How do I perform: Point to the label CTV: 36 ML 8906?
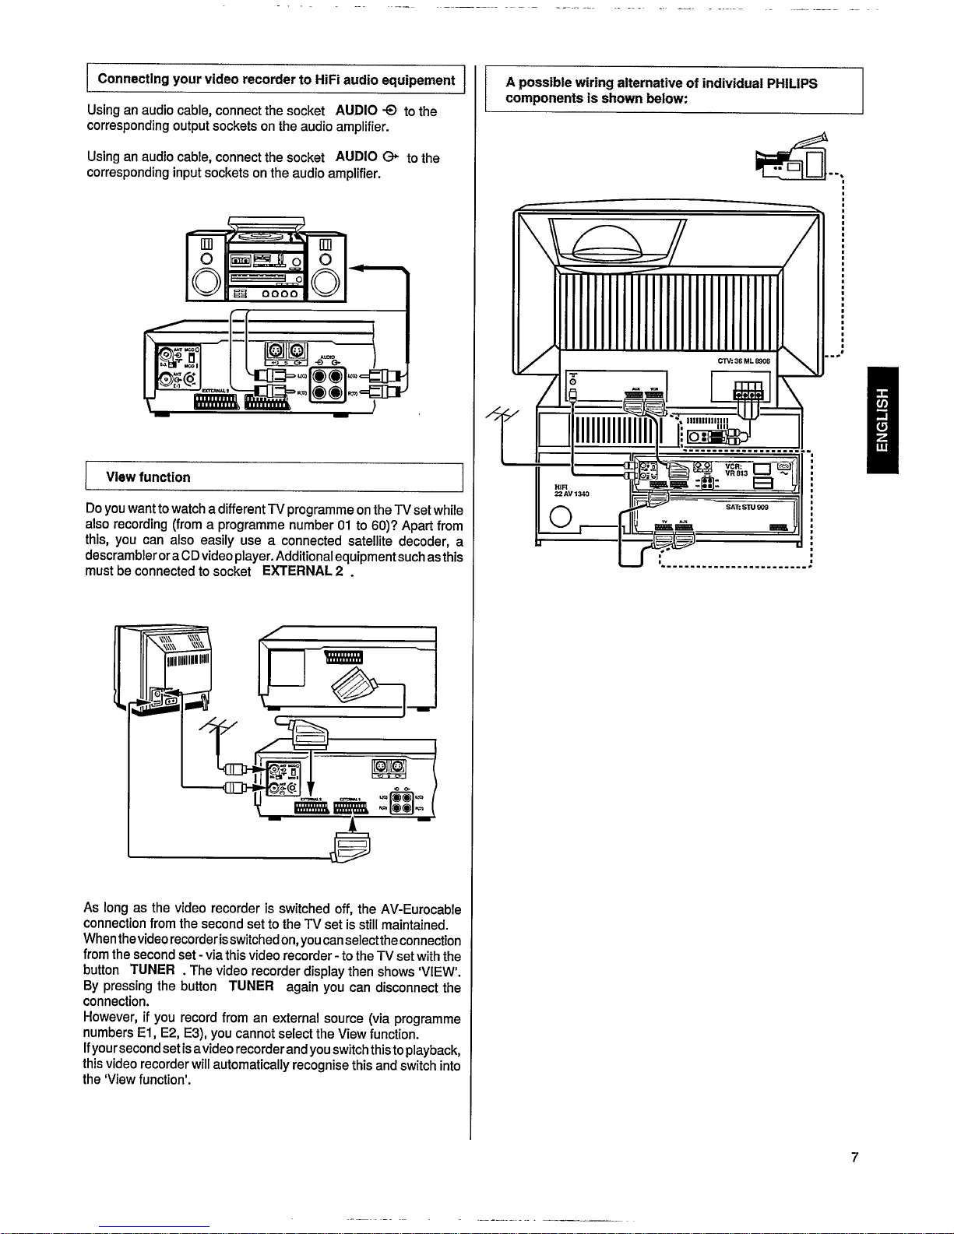743,360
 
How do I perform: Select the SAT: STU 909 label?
747,506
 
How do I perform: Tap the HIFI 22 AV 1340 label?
565,490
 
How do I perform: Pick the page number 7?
854,1158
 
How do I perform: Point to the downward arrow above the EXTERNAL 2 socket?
311,786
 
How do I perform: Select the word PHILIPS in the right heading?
791,83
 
